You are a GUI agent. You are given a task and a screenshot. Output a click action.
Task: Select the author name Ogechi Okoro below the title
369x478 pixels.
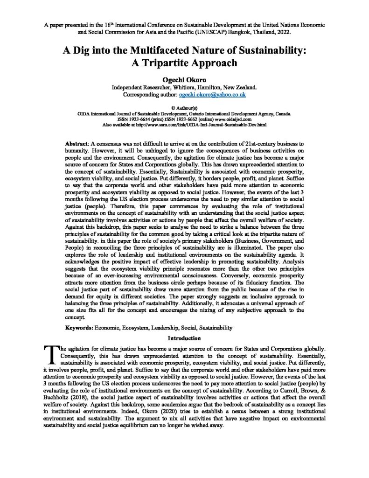(184, 79)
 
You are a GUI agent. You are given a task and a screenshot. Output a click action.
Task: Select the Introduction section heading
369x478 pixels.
(184, 337)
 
